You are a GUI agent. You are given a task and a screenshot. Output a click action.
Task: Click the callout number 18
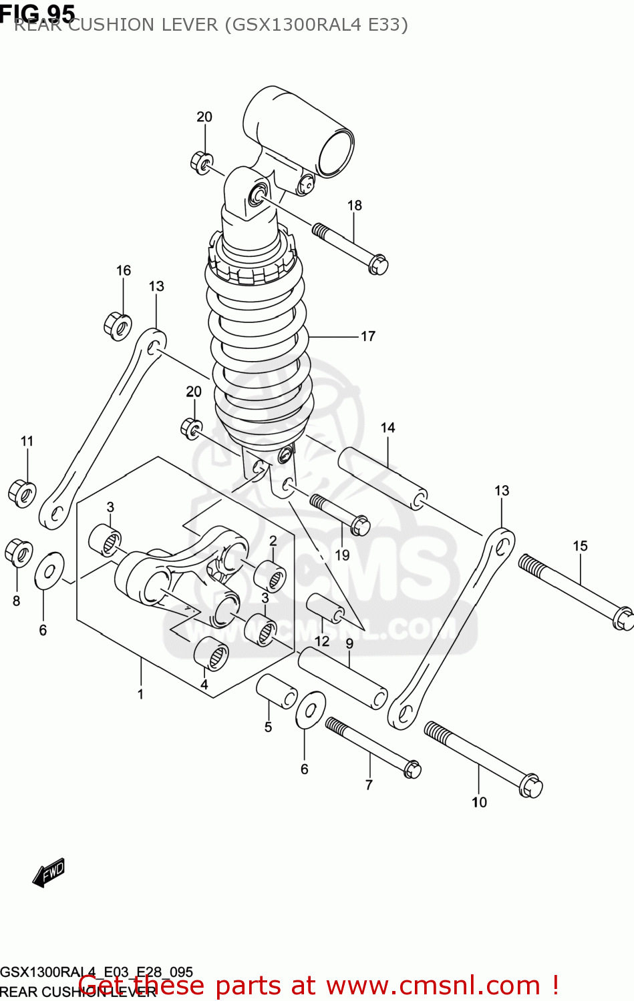tap(354, 206)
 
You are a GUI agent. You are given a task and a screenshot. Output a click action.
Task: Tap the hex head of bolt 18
tap(378, 264)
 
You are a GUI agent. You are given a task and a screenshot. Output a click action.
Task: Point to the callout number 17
tap(368, 336)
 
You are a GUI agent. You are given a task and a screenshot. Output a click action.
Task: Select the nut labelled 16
tap(118, 325)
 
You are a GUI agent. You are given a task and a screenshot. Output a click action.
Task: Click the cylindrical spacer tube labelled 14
tap(382, 478)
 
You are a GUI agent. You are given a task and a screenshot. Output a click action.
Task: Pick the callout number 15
tap(580, 546)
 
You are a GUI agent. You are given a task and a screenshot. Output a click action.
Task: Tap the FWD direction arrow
tap(49, 872)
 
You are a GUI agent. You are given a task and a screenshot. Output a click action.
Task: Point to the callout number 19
tap(342, 555)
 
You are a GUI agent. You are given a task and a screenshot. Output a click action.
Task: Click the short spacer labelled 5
tap(277, 691)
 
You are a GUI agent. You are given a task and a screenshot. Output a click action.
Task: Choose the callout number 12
tap(322, 641)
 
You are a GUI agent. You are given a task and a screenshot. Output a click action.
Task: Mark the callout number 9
tap(349, 644)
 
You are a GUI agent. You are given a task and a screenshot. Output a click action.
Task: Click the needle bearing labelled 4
tap(210, 654)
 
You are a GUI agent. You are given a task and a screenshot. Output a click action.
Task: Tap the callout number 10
tap(479, 802)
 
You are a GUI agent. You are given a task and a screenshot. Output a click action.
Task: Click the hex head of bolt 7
tap(412, 769)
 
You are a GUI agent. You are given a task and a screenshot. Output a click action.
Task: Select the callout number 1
tap(140, 694)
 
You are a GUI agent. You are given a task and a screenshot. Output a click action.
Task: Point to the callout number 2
tap(273, 541)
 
